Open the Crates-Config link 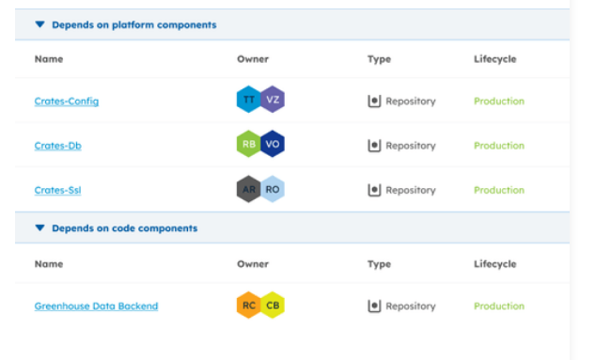pos(67,102)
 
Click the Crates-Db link pos(57,146)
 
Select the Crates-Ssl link pos(57,190)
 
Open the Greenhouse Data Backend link pos(96,306)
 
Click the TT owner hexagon pos(248,100)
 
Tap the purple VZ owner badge pos(273,100)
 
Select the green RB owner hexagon pos(248,144)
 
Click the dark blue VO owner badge pos(273,144)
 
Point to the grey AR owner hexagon pos(248,189)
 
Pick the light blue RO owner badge pos(273,189)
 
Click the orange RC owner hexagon pos(248,305)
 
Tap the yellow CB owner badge pos(273,305)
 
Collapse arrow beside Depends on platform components pos(39,24)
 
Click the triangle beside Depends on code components pos(39,228)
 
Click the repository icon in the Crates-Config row pos(374,102)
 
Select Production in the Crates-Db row pos(499,146)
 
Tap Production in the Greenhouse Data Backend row pos(499,306)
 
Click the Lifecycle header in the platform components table pos(494,59)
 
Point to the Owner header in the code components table pos(253,264)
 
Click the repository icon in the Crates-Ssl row pos(374,190)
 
